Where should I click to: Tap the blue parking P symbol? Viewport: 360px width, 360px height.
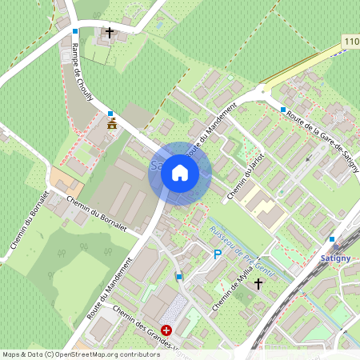click(x=217, y=254)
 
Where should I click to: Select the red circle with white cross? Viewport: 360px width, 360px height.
click(x=166, y=330)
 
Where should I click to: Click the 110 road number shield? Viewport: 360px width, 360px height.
click(x=351, y=41)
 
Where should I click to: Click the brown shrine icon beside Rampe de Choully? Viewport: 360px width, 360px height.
click(x=111, y=126)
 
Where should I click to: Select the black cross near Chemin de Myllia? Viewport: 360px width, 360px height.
click(x=258, y=283)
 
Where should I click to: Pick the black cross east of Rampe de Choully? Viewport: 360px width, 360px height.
click(x=110, y=34)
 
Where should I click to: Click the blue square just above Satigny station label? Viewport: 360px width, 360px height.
click(x=332, y=238)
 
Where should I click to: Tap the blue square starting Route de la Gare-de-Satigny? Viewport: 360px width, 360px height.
click(x=283, y=110)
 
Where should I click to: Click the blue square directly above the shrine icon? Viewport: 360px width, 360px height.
click(x=110, y=114)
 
